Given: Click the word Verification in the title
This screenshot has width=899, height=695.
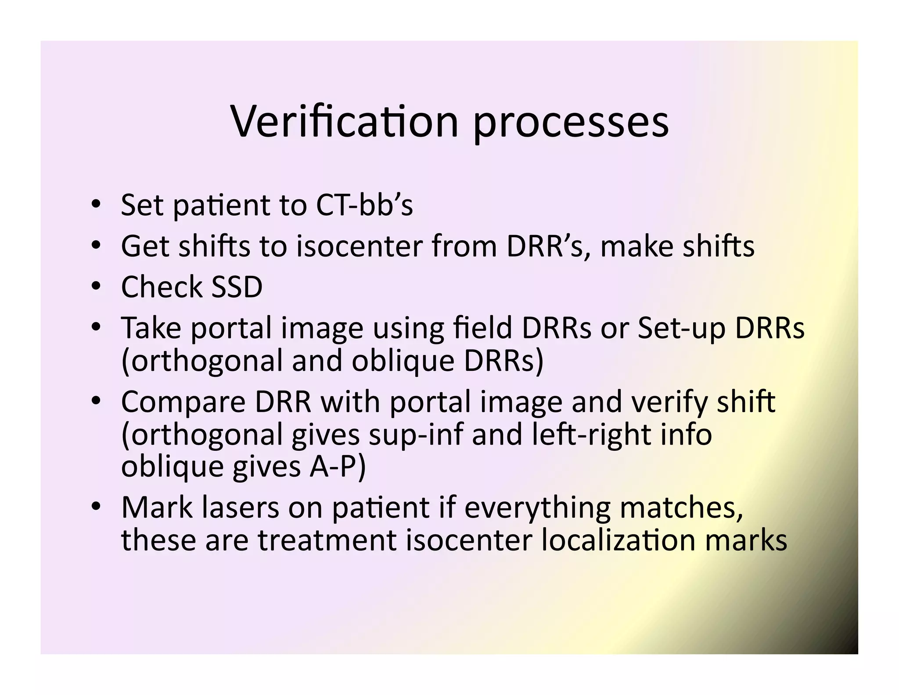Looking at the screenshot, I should point(345,122).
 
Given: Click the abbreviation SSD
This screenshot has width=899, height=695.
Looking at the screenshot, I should point(237,287).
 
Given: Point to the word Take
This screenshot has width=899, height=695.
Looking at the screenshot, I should point(151,328).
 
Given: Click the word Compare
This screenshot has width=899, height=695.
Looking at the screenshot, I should point(183,402).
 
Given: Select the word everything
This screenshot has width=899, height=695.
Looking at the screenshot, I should point(537,508).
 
